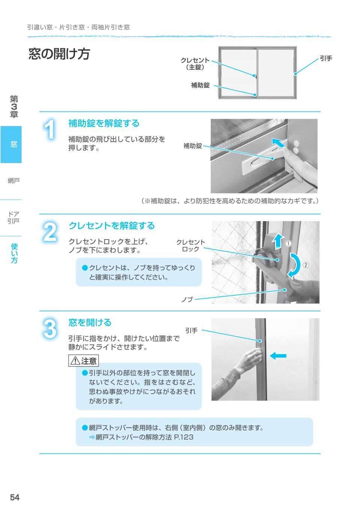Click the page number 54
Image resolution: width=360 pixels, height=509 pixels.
tap(15, 497)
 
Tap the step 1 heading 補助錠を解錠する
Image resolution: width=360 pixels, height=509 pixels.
tap(104, 123)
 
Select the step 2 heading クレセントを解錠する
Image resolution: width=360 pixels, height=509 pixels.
tap(111, 226)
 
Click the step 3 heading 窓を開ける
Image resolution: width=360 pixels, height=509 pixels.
tap(90, 322)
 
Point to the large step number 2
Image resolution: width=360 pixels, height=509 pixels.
tap(50, 232)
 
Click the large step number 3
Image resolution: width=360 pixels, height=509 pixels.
tap(50, 329)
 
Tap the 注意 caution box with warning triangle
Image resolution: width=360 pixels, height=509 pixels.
tap(84, 361)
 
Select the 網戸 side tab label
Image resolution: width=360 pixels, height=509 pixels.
tap(13, 181)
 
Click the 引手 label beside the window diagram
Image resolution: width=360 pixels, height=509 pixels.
tap(326, 58)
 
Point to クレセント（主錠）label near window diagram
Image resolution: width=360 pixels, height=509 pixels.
tap(195, 64)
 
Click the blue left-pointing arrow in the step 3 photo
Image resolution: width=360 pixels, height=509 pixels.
tap(278, 356)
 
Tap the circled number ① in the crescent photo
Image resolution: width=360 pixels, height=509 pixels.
tap(289, 243)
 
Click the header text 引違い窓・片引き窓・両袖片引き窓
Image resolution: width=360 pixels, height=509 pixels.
tap(78, 27)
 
